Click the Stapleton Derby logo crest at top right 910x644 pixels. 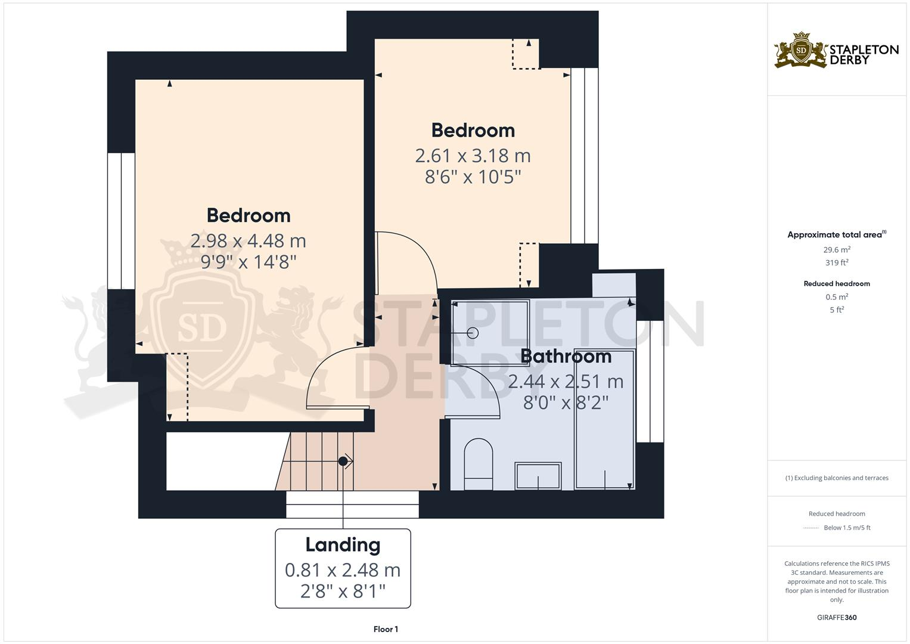click(x=801, y=50)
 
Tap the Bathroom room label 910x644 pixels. click(x=566, y=356)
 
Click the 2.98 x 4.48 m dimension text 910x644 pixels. click(x=248, y=241)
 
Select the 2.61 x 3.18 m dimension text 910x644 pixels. click(x=473, y=156)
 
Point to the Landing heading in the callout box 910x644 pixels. click(x=343, y=544)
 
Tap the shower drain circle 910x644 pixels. click(x=473, y=333)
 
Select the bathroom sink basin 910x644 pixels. click(x=538, y=476)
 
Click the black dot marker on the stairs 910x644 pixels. click(x=343, y=461)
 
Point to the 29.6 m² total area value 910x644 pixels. click(x=837, y=250)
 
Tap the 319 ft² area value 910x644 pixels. click(x=837, y=262)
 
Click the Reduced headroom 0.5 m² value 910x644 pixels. click(x=837, y=297)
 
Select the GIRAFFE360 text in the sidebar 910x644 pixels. click(x=837, y=617)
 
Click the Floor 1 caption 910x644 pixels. click(x=386, y=629)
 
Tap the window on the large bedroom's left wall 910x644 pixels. click(x=121, y=221)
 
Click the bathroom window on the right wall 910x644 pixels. click(x=650, y=382)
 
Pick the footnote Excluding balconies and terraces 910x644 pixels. click(x=837, y=478)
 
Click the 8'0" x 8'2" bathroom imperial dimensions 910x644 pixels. click(x=566, y=403)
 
